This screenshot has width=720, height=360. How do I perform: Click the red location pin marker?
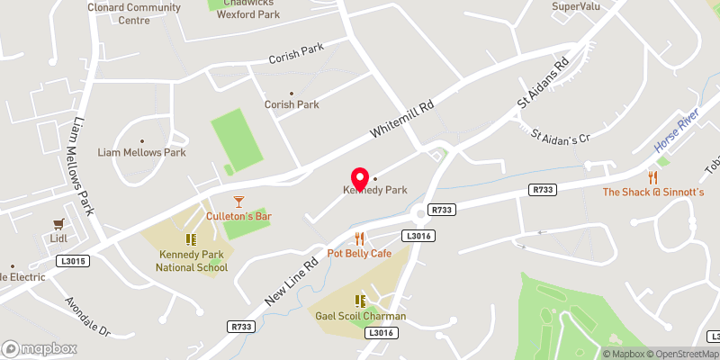click(360, 179)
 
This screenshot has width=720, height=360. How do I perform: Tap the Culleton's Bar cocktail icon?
click(238, 202)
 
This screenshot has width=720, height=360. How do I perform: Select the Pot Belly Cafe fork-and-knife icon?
click(359, 238)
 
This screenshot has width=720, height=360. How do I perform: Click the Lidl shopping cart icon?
click(60, 223)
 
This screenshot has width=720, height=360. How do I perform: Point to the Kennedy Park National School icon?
click(191, 239)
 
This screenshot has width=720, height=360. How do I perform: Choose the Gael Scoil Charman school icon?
click(360, 301)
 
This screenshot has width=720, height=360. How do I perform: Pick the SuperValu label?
click(575, 6)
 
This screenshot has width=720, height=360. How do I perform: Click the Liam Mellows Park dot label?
click(141, 152)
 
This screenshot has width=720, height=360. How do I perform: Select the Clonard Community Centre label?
click(134, 13)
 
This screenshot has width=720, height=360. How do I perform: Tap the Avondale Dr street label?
click(87, 317)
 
